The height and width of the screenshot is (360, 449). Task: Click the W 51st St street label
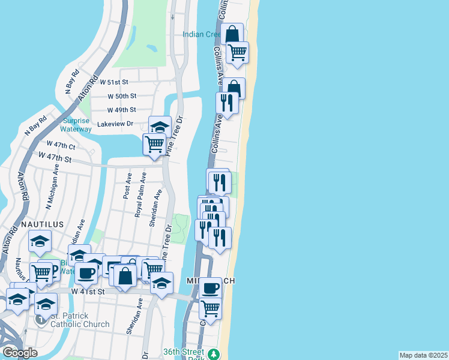pyautogui.click(x=115, y=81)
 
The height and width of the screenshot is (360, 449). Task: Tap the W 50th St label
pyautogui.click(x=122, y=96)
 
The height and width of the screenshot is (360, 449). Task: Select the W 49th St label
pyautogui.click(x=122, y=110)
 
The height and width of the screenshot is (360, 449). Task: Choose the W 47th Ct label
pyautogui.click(x=61, y=146)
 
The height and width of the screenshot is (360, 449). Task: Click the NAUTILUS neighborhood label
pyautogui.click(x=42, y=224)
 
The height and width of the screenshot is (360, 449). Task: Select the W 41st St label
pyautogui.click(x=88, y=291)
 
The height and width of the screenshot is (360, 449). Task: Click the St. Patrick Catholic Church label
pyautogui.click(x=80, y=320)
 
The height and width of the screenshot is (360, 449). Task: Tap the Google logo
pyautogui.click(x=20, y=353)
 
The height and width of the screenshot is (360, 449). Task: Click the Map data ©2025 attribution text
pyautogui.click(x=423, y=355)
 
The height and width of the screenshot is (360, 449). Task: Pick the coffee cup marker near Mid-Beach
pyautogui.click(x=210, y=288)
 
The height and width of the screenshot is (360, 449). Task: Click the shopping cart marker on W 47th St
pyautogui.click(x=154, y=144)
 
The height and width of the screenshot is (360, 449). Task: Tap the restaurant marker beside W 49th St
pyautogui.click(x=227, y=103)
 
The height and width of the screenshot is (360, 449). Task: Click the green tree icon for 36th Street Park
pyautogui.click(x=213, y=355)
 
